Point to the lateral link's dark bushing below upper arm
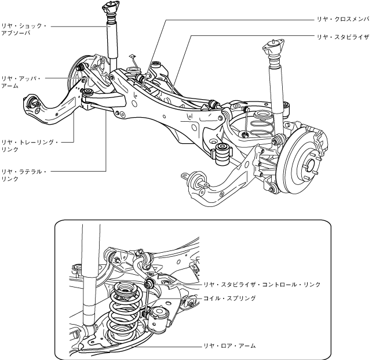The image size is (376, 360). click(87, 93)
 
